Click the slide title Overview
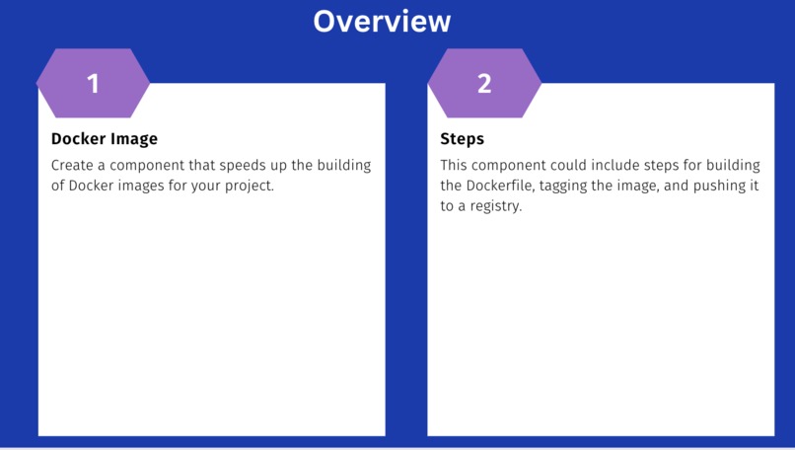point(382,21)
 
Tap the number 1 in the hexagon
point(93,84)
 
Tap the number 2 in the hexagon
point(483,84)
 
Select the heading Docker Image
point(104,139)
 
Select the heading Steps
point(462,139)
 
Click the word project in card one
point(248,186)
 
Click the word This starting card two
point(456,165)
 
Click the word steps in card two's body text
point(668,165)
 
